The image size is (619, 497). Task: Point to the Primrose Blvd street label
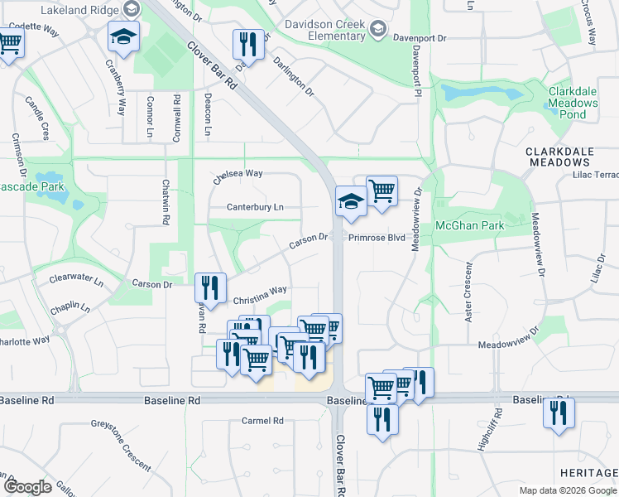point(376,238)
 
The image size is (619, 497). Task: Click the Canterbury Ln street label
point(257,207)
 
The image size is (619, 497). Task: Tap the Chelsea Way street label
point(238,176)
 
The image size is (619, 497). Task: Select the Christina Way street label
point(260,291)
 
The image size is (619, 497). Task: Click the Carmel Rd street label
point(262,421)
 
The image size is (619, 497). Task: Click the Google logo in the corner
point(27,487)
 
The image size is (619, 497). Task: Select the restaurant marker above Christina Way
point(210,287)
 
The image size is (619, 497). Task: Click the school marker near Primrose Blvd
point(351,201)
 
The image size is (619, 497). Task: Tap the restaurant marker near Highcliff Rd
point(559,412)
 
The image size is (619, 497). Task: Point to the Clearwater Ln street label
point(75,282)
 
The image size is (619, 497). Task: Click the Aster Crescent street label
point(467,294)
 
